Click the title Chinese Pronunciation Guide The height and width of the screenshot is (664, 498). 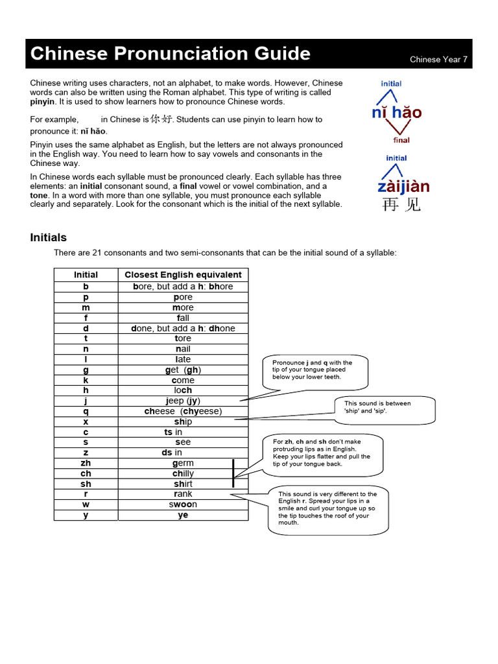pyautogui.click(x=171, y=54)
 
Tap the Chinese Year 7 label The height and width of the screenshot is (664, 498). pyautogui.click(x=438, y=60)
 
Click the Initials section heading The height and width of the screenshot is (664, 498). pyautogui.click(x=49, y=237)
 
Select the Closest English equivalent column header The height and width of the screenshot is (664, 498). pyautogui.click(x=183, y=275)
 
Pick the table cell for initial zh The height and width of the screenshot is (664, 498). pyautogui.click(x=86, y=463)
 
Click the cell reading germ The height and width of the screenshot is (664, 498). pyautogui.click(x=183, y=463)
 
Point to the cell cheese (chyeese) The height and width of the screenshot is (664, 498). pyautogui.click(x=183, y=411)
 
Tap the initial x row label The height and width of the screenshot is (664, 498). pyautogui.click(x=86, y=421)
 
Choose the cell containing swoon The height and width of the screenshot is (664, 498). pyautogui.click(x=183, y=504)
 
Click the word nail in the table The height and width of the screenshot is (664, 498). pyautogui.click(x=183, y=349)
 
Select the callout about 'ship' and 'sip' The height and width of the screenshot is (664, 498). pyautogui.click(x=377, y=407)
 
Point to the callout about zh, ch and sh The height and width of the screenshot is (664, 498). pyautogui.click(x=322, y=453)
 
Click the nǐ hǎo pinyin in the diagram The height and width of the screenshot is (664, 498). pyautogui.click(x=397, y=113)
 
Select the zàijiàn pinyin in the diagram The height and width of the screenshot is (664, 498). pyautogui.click(x=403, y=187)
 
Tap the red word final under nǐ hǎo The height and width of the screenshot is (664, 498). pyautogui.click(x=401, y=140)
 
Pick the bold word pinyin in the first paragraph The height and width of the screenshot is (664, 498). pyautogui.click(x=43, y=102)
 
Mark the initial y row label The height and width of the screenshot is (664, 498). pyautogui.click(x=86, y=515)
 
